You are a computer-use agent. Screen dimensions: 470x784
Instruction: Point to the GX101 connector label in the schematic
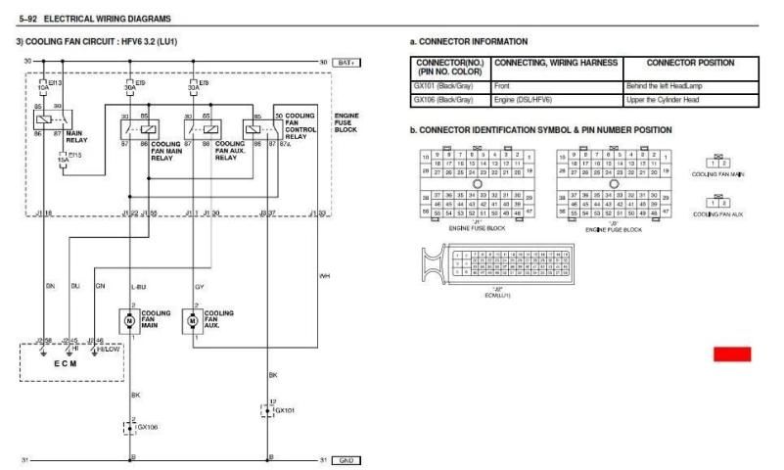[x=284, y=411]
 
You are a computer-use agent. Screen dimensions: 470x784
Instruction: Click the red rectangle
[x=732, y=353]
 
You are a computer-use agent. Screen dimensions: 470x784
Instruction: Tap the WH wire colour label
[x=325, y=276]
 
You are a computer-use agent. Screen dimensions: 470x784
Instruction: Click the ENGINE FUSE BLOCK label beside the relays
[x=347, y=121]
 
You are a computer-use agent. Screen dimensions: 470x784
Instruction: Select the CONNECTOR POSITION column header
[x=692, y=64]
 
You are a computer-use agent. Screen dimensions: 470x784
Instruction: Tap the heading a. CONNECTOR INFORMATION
[x=469, y=41]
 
